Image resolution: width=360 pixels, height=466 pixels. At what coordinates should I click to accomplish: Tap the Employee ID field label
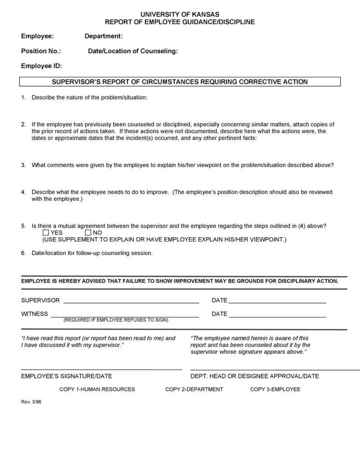(x=41, y=66)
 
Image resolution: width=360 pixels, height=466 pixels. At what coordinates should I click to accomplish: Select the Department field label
(x=103, y=36)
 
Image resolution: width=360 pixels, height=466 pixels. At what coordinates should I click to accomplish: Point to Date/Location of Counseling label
(x=133, y=51)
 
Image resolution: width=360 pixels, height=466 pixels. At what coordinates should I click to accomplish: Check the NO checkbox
(x=88, y=233)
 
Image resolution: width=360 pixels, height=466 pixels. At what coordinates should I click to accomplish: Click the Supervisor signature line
(x=131, y=302)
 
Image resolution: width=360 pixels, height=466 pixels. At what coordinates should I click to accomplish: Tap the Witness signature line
(x=124, y=316)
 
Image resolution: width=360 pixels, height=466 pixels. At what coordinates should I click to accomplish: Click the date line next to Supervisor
(x=277, y=302)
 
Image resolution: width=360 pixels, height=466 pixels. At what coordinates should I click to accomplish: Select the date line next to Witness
(x=277, y=316)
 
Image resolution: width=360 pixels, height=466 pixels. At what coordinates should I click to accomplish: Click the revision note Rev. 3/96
(x=31, y=402)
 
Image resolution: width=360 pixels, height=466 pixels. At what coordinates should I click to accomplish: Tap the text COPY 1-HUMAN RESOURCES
(x=97, y=389)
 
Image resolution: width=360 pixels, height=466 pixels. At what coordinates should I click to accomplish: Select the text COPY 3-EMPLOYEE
(x=275, y=389)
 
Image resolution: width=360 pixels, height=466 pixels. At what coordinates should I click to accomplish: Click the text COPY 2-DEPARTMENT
(x=194, y=389)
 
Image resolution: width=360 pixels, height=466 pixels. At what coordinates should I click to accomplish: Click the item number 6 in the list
(x=23, y=253)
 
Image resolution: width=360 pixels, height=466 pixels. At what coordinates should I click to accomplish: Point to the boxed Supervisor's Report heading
(x=180, y=82)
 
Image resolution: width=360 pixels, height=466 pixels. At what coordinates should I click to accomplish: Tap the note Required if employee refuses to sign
(x=116, y=320)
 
